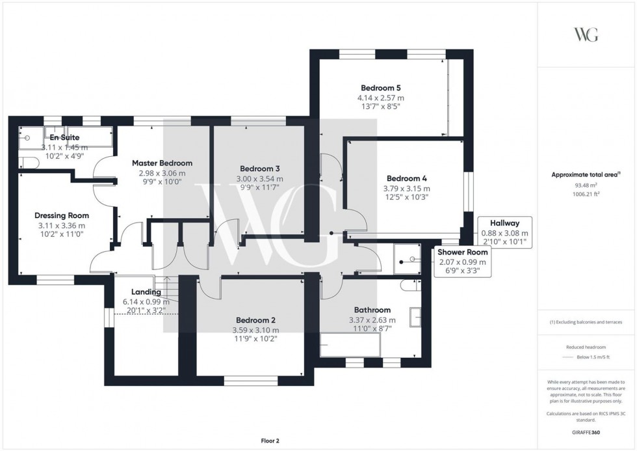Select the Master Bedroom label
point(162,163)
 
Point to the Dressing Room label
point(62,215)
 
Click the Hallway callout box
point(504,232)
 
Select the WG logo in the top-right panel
point(586,34)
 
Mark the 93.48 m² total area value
point(587,185)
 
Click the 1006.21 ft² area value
point(587,194)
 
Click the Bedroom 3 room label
point(259,169)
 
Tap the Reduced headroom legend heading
point(587,348)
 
